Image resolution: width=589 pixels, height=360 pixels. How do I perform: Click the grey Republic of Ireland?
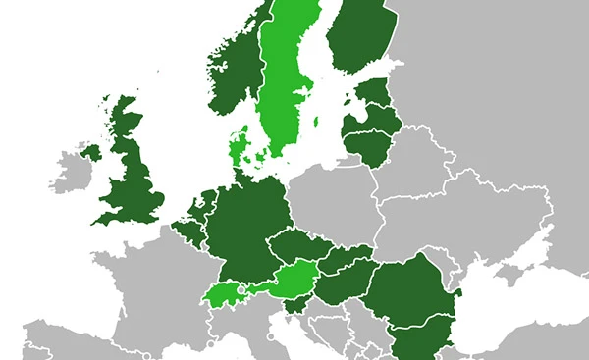[71, 172]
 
